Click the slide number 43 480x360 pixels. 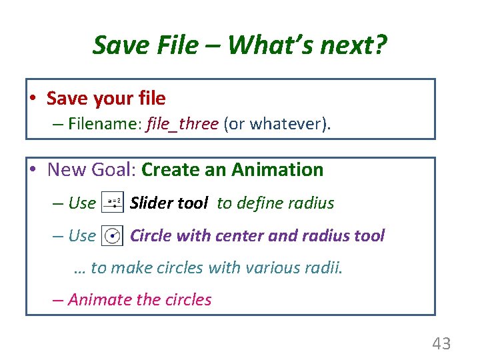point(441,344)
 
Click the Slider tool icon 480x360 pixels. point(113,203)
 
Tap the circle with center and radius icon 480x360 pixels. point(113,235)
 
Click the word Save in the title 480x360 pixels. point(117,45)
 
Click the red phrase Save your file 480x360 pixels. point(106,99)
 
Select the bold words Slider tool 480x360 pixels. point(169,203)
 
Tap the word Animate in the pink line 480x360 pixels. point(100,299)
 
